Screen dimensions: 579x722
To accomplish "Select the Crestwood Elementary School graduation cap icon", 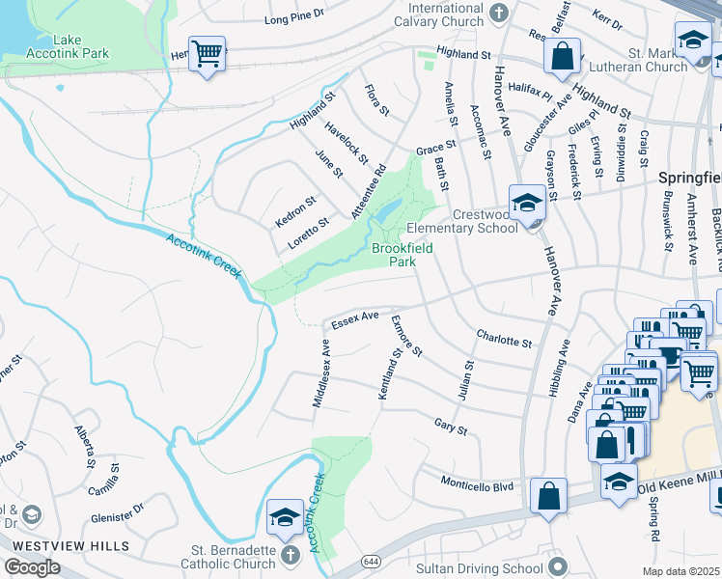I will (527, 202).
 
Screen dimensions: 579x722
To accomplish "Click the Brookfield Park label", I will (402, 255).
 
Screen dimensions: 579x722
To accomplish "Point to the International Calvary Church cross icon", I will (498, 12).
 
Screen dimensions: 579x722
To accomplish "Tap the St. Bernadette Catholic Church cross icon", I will (291, 556).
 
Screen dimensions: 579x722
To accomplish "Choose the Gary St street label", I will (450, 426).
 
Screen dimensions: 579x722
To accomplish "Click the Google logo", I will (33, 566).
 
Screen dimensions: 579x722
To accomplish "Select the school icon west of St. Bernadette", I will (285, 515).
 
